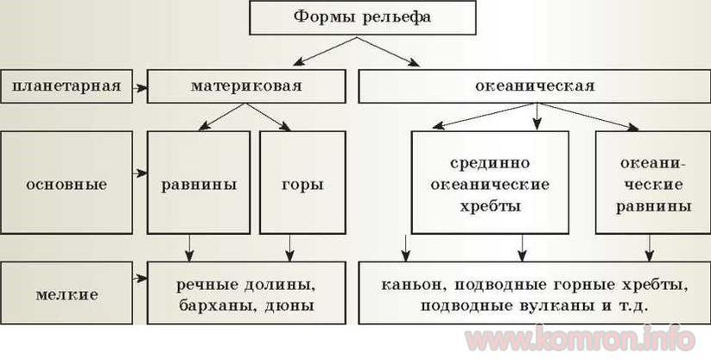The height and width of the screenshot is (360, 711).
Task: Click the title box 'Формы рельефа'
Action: (x=362, y=17)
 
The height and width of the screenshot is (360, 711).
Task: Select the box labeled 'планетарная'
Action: (x=67, y=86)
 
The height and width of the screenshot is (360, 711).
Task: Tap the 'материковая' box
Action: (x=246, y=86)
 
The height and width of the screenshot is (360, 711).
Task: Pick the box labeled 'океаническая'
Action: (x=535, y=86)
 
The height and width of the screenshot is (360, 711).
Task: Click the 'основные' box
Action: (x=67, y=183)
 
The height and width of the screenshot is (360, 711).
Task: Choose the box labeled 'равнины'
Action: (x=199, y=183)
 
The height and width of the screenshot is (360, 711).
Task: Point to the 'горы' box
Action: (x=302, y=183)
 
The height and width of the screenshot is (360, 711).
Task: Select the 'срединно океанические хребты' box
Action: (x=490, y=183)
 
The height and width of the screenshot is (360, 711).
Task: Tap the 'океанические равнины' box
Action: (x=653, y=183)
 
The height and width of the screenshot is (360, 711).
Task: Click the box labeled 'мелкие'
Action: (x=67, y=293)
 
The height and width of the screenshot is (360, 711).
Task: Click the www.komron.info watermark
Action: (x=580, y=338)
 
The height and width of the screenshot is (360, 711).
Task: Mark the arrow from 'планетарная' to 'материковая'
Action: (x=140, y=87)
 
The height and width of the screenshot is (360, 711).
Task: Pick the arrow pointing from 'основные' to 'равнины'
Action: (x=140, y=173)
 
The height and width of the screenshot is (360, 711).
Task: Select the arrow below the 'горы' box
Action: (x=289, y=248)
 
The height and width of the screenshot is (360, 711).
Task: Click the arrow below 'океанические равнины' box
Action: (x=650, y=248)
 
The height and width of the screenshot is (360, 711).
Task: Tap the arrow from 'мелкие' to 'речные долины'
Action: (x=140, y=278)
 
